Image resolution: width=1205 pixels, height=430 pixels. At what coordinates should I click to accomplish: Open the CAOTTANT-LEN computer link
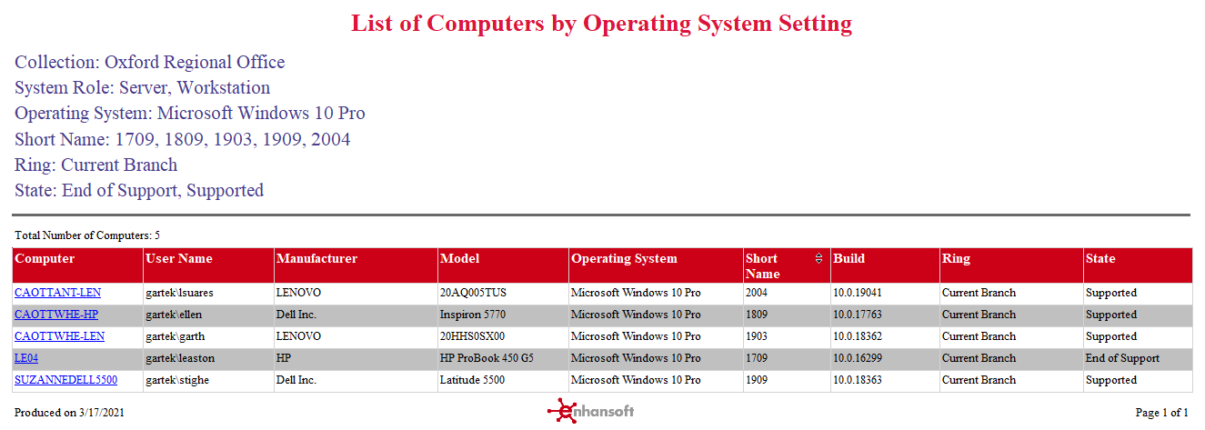click(x=57, y=293)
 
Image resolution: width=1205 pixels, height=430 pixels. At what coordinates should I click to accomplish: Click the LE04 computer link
click(x=26, y=358)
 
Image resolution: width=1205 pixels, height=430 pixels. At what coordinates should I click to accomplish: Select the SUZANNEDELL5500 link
click(x=65, y=380)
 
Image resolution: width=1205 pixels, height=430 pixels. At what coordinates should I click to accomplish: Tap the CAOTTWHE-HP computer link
click(x=55, y=315)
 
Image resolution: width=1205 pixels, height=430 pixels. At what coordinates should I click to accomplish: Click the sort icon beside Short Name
click(x=818, y=259)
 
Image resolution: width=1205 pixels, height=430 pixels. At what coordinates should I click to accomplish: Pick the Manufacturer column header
click(x=316, y=259)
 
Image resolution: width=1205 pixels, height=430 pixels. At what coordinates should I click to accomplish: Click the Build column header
click(x=849, y=259)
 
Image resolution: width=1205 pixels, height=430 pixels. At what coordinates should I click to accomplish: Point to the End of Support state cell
click(x=1122, y=358)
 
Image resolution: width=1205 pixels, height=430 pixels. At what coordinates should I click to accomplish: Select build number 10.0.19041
click(x=858, y=293)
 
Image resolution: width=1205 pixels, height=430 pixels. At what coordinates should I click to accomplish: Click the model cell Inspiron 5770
click(x=473, y=315)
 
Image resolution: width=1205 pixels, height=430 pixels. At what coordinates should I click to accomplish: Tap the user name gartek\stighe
click(x=177, y=380)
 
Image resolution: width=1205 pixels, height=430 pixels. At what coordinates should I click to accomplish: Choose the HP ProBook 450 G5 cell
click(x=487, y=358)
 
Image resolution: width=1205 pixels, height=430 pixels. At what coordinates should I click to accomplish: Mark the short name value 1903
click(x=757, y=336)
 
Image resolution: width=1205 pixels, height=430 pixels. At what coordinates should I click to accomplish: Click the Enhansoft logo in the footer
click(x=591, y=411)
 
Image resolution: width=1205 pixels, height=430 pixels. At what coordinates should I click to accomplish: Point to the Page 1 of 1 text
click(x=1161, y=413)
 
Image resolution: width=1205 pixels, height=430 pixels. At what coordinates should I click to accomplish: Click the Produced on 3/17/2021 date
click(x=69, y=413)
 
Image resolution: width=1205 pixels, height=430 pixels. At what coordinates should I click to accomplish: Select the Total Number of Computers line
click(x=87, y=235)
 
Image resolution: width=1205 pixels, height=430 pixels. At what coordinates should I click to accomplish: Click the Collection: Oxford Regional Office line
click(x=150, y=63)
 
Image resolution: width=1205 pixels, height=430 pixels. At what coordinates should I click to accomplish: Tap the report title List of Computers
click(x=601, y=23)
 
